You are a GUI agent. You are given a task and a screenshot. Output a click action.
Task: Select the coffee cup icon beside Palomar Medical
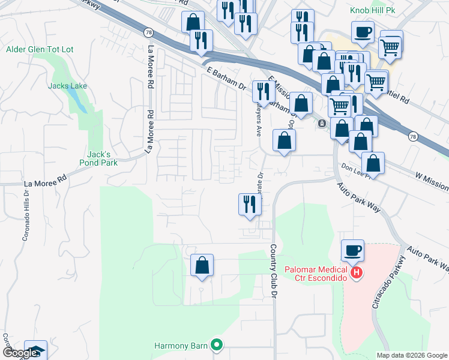point(352,250)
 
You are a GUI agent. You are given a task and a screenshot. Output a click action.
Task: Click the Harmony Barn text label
point(180,346)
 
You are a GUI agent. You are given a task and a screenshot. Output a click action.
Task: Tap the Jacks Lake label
point(67,86)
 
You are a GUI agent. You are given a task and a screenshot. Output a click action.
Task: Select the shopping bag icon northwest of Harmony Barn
point(202,265)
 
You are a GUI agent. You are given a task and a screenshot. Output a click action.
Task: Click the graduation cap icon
point(37,352)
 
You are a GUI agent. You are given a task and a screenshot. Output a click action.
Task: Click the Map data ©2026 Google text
point(411,355)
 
